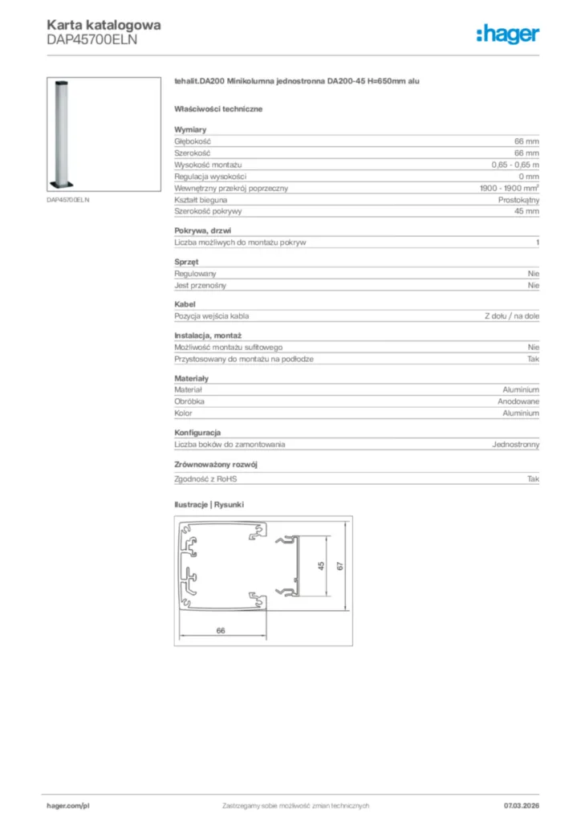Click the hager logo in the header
coord(507,33)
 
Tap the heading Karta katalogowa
coord(104,24)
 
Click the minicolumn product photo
coord(66,132)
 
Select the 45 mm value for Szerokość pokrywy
coord(527,211)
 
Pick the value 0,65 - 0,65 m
coord(515,164)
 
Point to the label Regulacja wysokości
coord(210,176)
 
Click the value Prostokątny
coord(518,199)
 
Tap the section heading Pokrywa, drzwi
coord(202,230)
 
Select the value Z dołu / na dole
coord(511,316)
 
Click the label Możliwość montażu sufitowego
coord(228,348)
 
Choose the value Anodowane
coord(518,401)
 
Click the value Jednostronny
coord(515,444)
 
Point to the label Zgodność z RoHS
coord(206,478)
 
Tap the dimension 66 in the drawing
coord(221,630)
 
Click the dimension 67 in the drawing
coord(340,566)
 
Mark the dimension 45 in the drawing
coord(321,566)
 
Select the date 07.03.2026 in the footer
coord(520,805)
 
